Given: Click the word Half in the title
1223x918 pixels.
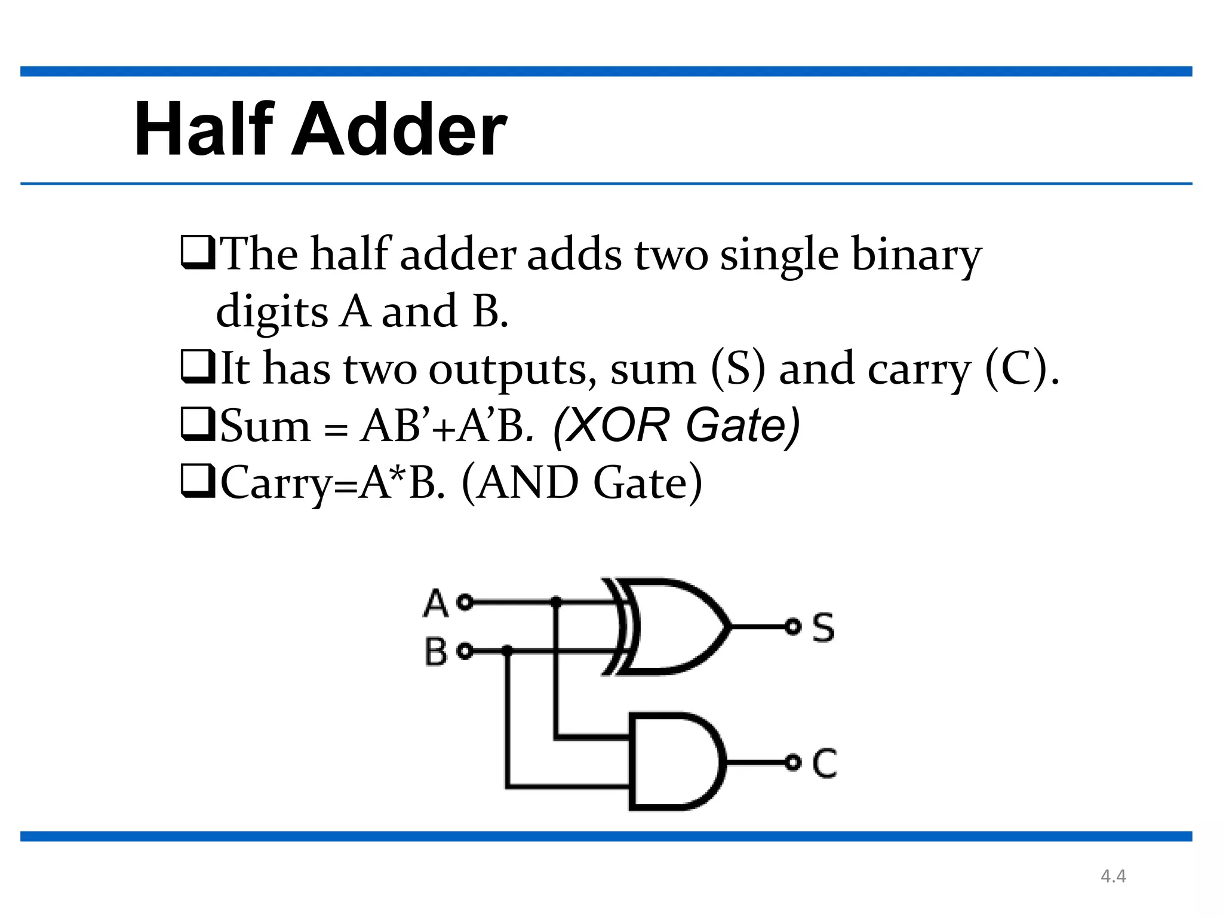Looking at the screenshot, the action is [204, 129].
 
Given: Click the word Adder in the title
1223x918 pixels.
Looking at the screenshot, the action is [399, 129].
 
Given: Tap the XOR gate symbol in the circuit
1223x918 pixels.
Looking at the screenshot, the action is [669, 626].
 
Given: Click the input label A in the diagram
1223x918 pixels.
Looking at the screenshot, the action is [436, 602].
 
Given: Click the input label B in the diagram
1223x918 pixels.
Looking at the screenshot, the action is [436, 651].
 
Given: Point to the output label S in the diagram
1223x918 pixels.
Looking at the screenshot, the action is [823, 628].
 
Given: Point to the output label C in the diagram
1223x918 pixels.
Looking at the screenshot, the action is [825, 763].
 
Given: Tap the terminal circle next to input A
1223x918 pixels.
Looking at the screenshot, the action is [465, 602].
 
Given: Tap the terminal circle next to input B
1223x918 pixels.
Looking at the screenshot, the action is [465, 651].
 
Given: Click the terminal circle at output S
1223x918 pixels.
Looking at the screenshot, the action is [792, 627].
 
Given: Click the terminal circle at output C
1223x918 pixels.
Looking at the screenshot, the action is [792, 763].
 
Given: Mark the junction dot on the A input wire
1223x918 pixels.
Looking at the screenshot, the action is [556, 602].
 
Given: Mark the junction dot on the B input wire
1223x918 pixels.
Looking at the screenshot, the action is [507, 651].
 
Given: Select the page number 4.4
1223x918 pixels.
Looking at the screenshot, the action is [1113, 876].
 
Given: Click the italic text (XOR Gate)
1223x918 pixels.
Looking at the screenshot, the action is [676, 426].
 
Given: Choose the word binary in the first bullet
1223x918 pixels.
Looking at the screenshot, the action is [916, 255].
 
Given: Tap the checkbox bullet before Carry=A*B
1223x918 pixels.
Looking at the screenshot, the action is [198, 482].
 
